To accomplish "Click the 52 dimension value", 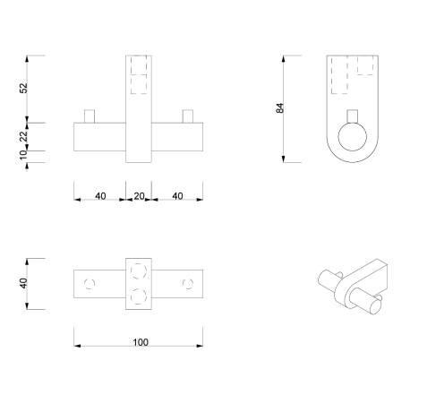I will coord(25,88).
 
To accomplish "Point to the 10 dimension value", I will coord(25,156).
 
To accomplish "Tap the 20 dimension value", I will coord(139,196).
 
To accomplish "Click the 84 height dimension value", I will coord(280,108).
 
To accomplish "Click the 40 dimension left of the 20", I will coord(99,196).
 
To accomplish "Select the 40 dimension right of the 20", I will coord(177,196).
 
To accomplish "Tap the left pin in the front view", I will coord(89,116).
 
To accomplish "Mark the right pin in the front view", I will coord(188,116).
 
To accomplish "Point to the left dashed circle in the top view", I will coord(88,284).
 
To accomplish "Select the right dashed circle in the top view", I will coord(188,284).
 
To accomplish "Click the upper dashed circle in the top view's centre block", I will coord(139,271).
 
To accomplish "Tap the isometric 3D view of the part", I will coord(355,287).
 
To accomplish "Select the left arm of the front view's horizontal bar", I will coord(98,138).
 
